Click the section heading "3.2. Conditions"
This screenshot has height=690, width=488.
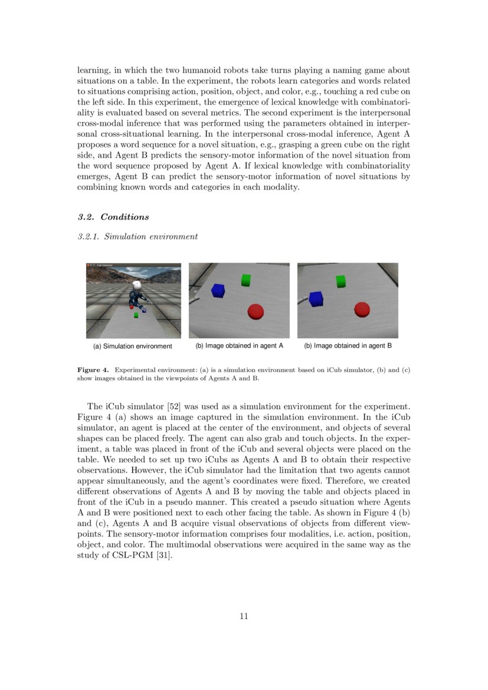pyautogui.click(x=113, y=217)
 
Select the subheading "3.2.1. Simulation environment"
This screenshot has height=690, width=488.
pyautogui.click(x=137, y=237)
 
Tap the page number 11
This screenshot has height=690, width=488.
pyautogui.click(x=244, y=616)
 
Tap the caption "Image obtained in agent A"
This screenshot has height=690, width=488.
pyautogui.click(x=244, y=345)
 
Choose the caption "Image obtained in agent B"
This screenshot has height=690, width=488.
pyautogui.click(x=352, y=345)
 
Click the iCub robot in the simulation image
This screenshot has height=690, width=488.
pyautogui.click(x=137, y=295)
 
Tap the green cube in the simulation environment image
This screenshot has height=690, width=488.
pyautogui.click(x=136, y=316)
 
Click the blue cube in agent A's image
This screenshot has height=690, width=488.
pyautogui.click(x=218, y=290)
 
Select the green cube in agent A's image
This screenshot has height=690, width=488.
pyautogui.click(x=246, y=280)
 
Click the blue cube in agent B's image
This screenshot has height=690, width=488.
pyautogui.click(x=316, y=299)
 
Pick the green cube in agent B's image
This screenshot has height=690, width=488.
pyautogui.click(x=340, y=282)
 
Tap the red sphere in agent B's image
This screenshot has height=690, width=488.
pyautogui.click(x=361, y=309)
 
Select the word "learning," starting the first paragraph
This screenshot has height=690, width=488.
pyautogui.click(x=95, y=70)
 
